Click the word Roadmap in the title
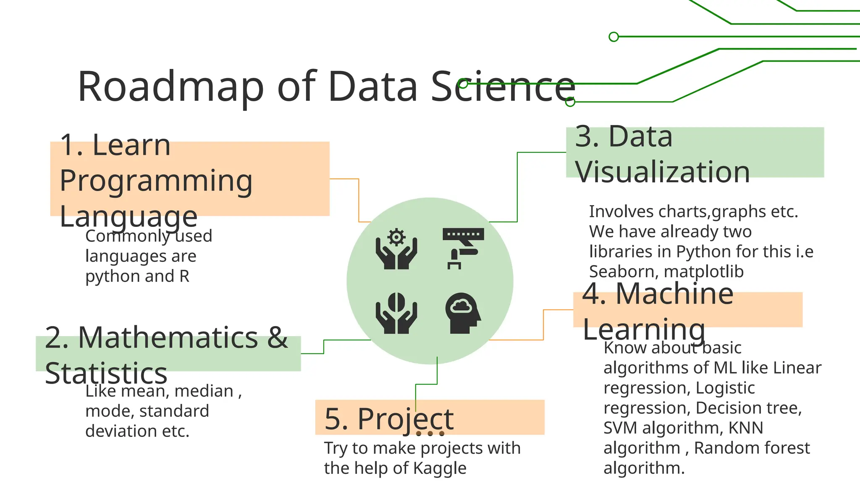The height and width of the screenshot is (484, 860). click(170, 87)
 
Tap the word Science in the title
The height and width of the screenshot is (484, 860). click(503, 87)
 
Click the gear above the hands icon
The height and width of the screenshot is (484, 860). click(396, 237)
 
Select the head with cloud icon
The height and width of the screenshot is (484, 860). click(463, 313)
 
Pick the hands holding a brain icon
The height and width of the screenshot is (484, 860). click(396, 313)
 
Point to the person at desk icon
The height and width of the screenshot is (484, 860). click(463, 248)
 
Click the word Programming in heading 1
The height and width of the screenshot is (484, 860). click(156, 181)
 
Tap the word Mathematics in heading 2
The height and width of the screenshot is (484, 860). click(168, 337)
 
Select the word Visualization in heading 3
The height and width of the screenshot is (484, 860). click(662, 172)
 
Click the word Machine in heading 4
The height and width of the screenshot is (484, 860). click(674, 294)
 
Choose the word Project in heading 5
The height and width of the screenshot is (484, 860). click(406, 419)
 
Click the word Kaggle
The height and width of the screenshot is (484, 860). click(440, 468)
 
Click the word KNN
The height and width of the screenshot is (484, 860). click(746, 428)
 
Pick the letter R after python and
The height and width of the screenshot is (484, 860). click(184, 276)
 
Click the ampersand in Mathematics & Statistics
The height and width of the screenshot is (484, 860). click(278, 337)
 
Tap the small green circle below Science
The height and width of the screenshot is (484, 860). click(570, 102)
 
